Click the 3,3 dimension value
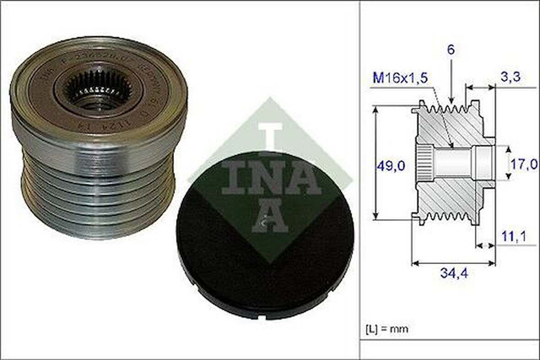(510, 77)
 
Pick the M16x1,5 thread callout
(400, 78)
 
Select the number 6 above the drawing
(451, 50)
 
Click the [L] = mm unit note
(387, 328)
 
